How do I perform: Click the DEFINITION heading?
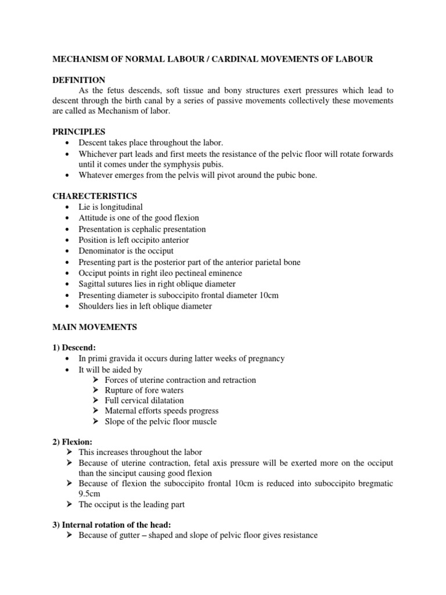coord(79,80)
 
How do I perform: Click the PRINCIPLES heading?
coord(79,132)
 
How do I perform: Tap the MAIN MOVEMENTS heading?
coord(95,327)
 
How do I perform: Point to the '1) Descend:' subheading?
coord(74,347)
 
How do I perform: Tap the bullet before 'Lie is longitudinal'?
coord(69,207)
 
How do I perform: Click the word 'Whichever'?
coord(98,154)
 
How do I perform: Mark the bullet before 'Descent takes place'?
coord(69,143)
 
